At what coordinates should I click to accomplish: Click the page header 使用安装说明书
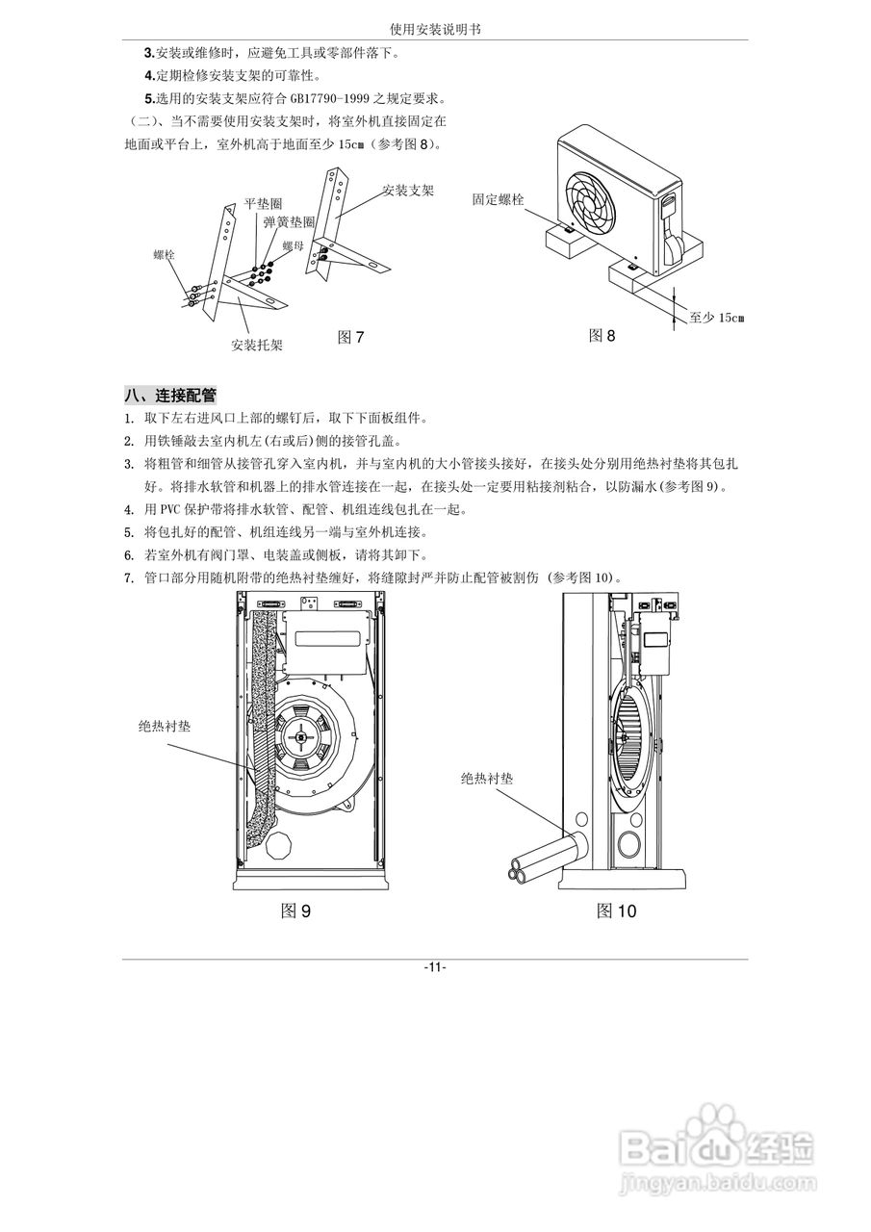(x=435, y=30)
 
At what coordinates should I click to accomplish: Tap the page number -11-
(x=435, y=967)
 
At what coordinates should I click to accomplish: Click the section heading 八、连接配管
(x=169, y=395)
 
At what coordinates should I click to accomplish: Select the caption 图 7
(x=350, y=337)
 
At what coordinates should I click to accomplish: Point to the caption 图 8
(x=602, y=335)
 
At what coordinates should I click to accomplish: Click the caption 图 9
(x=295, y=911)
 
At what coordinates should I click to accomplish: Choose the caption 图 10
(x=616, y=911)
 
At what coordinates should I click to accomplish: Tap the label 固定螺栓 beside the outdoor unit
(x=498, y=199)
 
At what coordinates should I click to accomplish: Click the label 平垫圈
(x=263, y=204)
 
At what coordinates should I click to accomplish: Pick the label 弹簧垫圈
(x=289, y=221)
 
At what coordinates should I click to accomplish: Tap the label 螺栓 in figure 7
(x=165, y=255)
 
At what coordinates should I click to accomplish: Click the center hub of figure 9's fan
(x=303, y=739)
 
